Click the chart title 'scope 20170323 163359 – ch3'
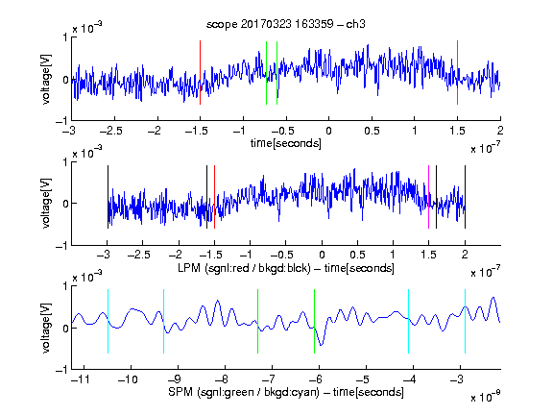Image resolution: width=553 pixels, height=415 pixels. click(286, 24)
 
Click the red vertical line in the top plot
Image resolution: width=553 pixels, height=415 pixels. click(200, 73)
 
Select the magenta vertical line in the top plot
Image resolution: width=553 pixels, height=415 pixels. click(457, 73)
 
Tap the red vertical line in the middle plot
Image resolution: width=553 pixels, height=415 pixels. click(214, 197)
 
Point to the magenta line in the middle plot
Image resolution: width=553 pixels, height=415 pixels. click(428, 197)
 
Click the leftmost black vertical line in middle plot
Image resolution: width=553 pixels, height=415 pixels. click(108, 197)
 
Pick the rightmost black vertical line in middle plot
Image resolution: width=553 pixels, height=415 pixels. click(465, 197)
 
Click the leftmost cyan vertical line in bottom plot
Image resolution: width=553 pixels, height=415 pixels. click(108, 321)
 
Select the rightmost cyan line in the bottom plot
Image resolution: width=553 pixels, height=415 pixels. click(465, 321)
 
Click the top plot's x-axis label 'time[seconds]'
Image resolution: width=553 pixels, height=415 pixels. click(286, 143)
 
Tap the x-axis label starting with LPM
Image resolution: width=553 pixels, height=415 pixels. click(286, 268)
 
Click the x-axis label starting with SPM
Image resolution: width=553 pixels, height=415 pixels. click(286, 392)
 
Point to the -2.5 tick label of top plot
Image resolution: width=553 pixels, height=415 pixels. click(111, 132)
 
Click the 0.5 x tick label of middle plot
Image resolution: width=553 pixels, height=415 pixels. click(357, 255)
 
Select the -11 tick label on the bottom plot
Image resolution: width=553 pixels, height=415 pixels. click(81, 379)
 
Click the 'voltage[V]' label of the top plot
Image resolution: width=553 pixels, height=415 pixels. click(46, 79)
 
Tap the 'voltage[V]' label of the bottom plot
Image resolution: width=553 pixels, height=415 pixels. click(46, 328)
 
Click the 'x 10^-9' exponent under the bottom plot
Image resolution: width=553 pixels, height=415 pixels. click(486, 397)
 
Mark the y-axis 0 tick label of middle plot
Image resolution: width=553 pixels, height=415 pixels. click(65, 204)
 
